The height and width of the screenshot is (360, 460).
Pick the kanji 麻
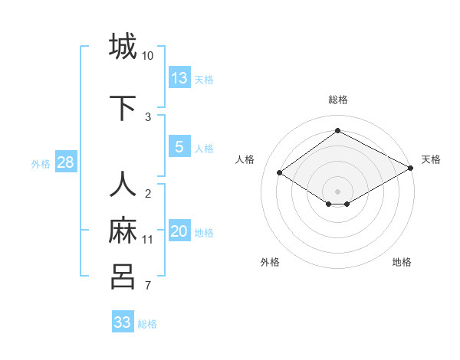point(123,231)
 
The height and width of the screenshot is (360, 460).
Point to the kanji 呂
point(123,276)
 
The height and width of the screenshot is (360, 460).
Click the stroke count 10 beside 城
point(148,56)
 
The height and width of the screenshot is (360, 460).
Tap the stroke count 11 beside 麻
point(148,240)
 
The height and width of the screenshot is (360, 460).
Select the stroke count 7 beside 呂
point(148,286)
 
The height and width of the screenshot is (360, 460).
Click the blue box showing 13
point(179,77)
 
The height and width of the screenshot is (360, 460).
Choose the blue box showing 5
point(179,147)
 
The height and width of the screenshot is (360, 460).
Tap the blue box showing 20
point(179,231)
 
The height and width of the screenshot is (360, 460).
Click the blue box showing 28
point(65,162)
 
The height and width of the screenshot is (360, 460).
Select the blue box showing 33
point(122,322)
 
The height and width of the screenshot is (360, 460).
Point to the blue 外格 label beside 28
point(41,163)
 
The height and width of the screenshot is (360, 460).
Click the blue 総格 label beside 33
point(147,324)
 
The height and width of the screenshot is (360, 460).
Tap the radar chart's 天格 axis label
point(431,159)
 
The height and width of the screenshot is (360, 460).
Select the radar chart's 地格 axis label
point(402,262)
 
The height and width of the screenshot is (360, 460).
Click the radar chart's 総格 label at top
point(337,100)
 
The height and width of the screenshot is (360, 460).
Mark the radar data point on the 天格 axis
point(411,169)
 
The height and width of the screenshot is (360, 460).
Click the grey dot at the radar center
point(337,190)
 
